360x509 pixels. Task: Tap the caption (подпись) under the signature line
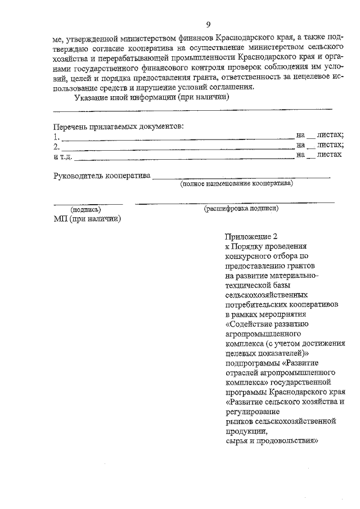pos(85,209)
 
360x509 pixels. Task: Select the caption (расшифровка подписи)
pos(241,208)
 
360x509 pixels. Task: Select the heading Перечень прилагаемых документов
pos(119,127)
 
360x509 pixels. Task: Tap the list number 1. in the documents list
pos(56,136)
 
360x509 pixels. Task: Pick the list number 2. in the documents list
pos(56,146)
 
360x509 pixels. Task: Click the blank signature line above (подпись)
pos(88,202)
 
